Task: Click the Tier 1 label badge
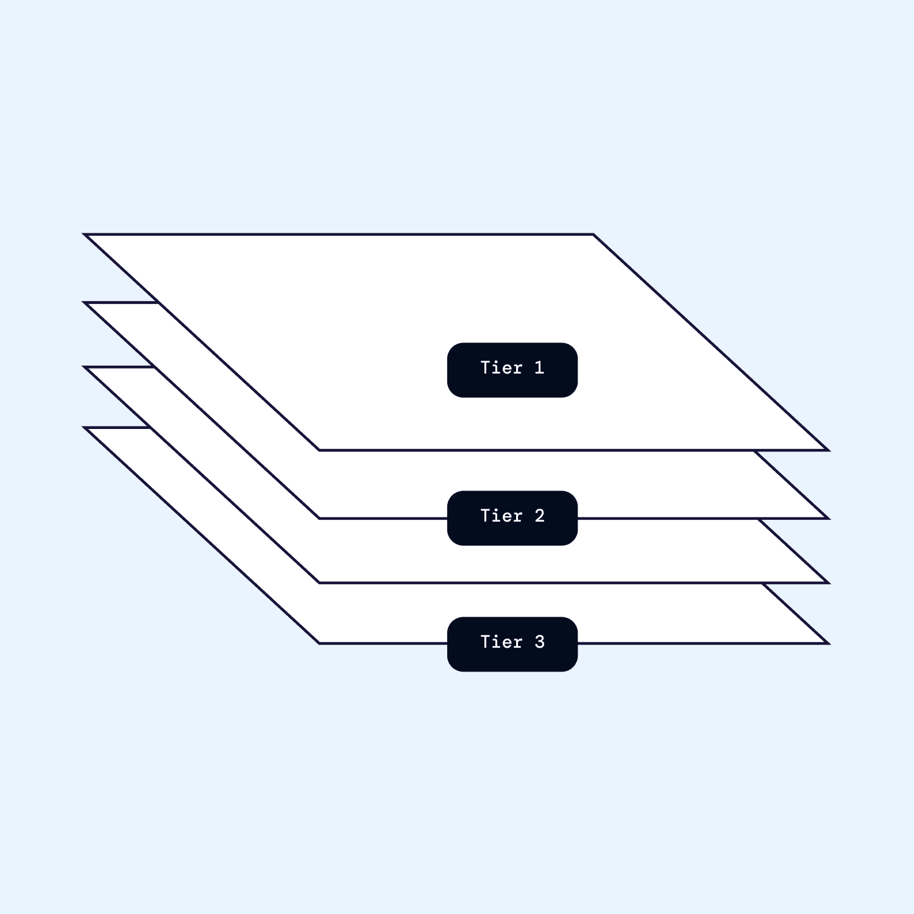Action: [x=512, y=370]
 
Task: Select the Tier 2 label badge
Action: [x=512, y=518]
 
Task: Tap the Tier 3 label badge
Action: [x=512, y=644]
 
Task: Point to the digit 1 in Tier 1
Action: [x=539, y=367]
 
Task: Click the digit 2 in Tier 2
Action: [x=539, y=516]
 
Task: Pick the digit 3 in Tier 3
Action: [x=539, y=642]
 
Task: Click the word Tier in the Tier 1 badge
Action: [x=501, y=367]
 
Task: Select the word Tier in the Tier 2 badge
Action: [x=501, y=516]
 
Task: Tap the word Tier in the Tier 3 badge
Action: [x=501, y=642]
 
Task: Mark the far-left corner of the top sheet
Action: [x=84, y=234]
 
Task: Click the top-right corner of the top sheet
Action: [x=593, y=234]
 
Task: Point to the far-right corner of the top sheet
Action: [x=829, y=450]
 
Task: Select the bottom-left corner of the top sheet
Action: [x=319, y=450]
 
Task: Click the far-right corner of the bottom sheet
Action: [x=829, y=643]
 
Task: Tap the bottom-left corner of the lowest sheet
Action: [x=319, y=643]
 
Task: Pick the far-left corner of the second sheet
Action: [x=84, y=302]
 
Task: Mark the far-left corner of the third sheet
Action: [x=84, y=367]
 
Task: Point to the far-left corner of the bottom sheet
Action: [x=84, y=428]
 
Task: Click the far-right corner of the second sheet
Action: [x=829, y=519]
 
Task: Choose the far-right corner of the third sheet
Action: [x=829, y=583]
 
